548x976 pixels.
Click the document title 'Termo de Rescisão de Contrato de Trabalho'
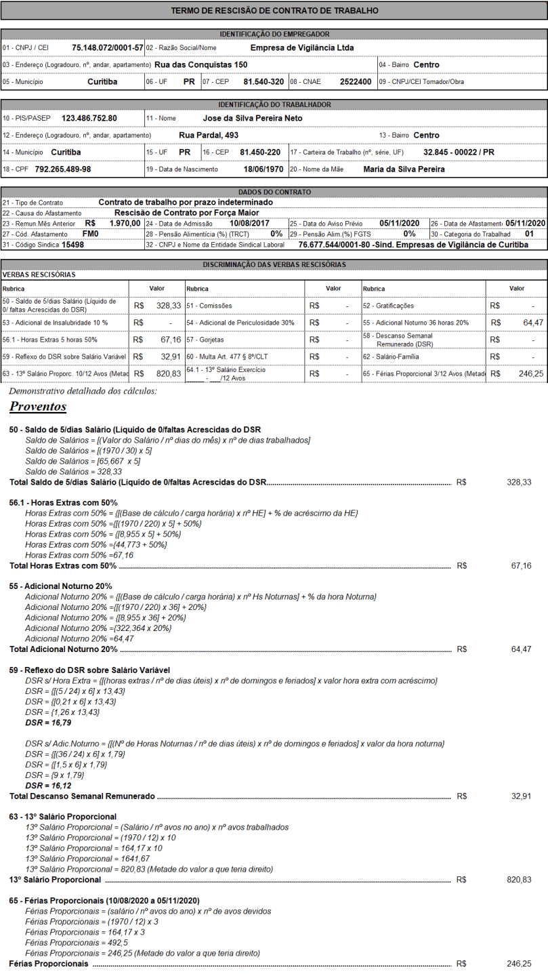click(x=274, y=11)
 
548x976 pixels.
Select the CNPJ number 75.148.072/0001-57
click(x=108, y=48)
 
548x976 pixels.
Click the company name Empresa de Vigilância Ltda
click(x=301, y=48)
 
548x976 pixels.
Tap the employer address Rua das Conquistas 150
click(x=201, y=64)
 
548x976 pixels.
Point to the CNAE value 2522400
click(x=356, y=81)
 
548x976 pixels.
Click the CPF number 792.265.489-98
click(x=63, y=169)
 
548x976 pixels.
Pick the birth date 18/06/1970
click(x=264, y=169)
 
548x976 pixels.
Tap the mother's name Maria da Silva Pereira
click(x=404, y=169)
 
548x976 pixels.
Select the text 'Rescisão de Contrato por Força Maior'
click(x=186, y=213)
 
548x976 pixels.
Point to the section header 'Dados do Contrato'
click(x=274, y=192)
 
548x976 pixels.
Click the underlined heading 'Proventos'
click(x=37, y=407)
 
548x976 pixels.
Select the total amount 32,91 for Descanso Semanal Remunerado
click(x=521, y=796)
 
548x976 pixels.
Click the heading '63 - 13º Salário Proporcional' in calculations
click(x=62, y=816)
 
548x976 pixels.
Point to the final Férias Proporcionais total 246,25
click(x=519, y=963)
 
